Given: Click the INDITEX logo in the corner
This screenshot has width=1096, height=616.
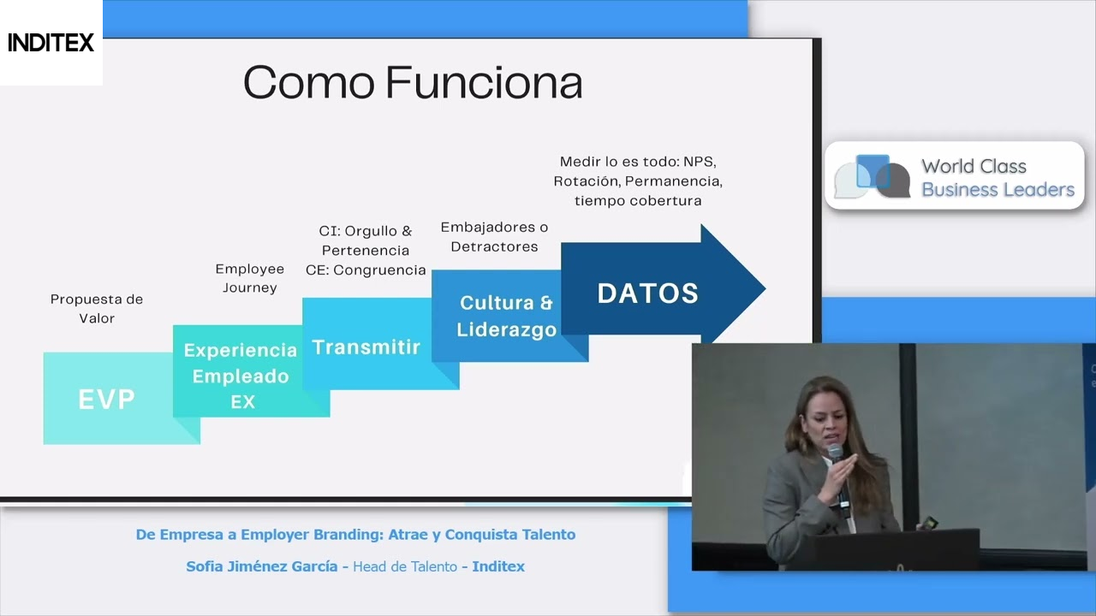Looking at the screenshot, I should coord(51,43).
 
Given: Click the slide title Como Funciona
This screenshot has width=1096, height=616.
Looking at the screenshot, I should coord(413,83).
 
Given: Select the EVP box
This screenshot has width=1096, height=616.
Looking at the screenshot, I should coord(107,399).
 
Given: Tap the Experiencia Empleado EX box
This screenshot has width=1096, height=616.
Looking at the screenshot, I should coord(241,376).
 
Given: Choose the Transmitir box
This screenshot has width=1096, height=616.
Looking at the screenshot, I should coord(366,347).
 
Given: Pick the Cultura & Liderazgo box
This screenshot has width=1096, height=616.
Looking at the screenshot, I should coord(506,316).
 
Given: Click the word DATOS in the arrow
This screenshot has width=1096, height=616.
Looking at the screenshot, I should coord(647,293).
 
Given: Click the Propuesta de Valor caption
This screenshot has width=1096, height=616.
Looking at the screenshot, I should coord(97,308).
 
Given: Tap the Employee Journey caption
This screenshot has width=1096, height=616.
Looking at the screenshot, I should coord(249,278).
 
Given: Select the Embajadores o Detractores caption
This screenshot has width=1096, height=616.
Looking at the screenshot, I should coord(494,237).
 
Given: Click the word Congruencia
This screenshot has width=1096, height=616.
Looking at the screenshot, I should coord(379,270).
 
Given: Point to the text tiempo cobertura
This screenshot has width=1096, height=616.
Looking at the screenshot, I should coord(638,201).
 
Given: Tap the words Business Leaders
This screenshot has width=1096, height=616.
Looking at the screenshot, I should coord(998,190).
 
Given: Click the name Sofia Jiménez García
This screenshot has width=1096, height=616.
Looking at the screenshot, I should coord(261,566).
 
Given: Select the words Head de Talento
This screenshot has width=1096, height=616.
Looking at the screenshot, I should coord(405,566).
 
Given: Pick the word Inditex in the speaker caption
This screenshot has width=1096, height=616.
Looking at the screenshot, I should coord(498,566).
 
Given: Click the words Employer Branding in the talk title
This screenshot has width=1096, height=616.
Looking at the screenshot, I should coord(311,535).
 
